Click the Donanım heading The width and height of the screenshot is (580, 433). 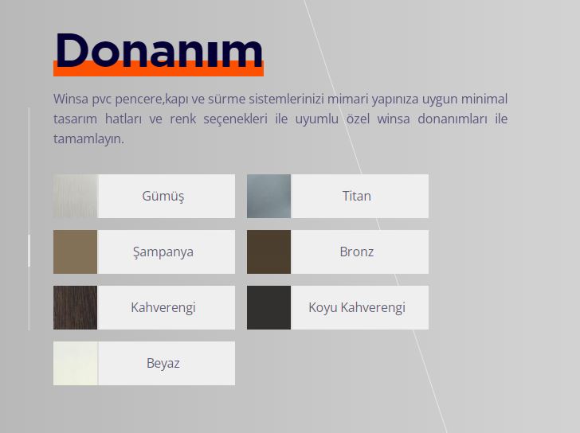[x=159, y=51]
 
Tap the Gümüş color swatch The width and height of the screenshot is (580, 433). [x=76, y=196]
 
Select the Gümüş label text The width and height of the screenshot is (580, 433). [x=163, y=196]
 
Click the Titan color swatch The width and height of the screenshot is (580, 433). [x=269, y=196]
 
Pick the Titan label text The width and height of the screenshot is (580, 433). [x=357, y=196]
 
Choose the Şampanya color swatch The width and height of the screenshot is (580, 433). [x=76, y=252]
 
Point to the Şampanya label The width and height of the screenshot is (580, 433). [x=163, y=252]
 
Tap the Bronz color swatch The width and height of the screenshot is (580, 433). [x=269, y=252]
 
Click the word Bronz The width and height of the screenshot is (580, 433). [x=357, y=252]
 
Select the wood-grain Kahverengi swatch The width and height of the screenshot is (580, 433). [x=76, y=307]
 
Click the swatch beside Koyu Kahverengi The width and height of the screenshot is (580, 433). [x=269, y=307]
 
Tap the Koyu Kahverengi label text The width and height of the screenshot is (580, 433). [x=357, y=308]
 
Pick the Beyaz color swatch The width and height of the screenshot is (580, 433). [x=76, y=363]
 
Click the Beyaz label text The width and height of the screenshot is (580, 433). [x=163, y=364]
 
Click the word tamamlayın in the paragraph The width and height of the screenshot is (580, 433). [x=88, y=139]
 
